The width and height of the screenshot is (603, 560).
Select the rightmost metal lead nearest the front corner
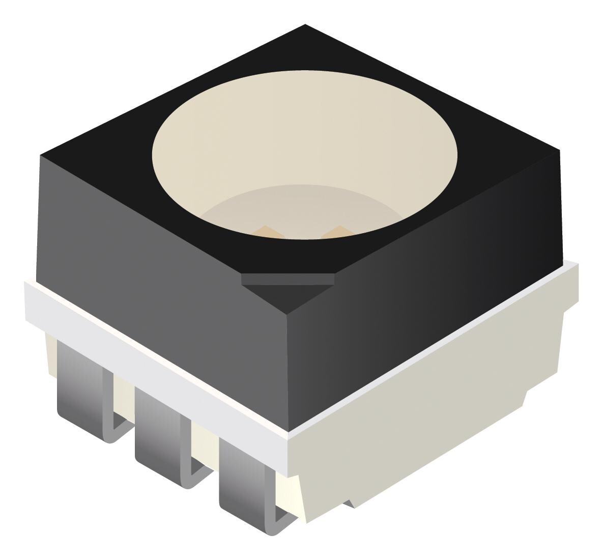click(242, 476)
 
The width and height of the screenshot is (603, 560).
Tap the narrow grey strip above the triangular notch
click(288, 279)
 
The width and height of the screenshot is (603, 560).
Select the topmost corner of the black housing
click(305, 25)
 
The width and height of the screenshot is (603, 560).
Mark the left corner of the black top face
click(41, 155)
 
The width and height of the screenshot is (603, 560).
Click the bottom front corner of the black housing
click(289, 430)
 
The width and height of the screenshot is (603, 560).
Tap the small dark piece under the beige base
click(349, 503)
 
